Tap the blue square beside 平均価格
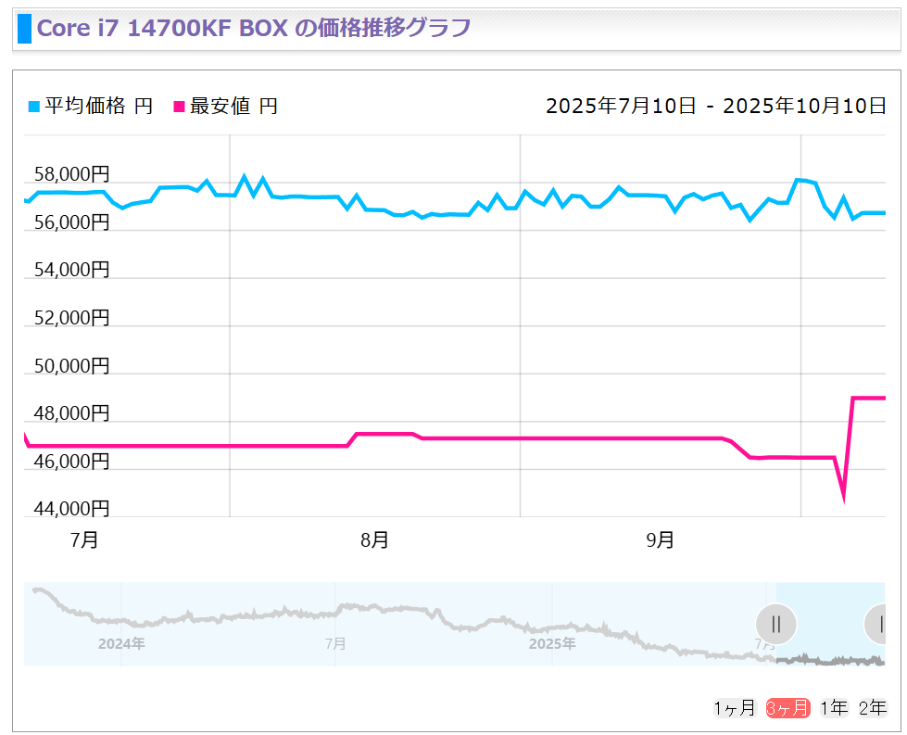(x=34, y=107)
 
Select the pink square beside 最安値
(x=180, y=107)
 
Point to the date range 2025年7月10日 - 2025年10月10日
(x=716, y=106)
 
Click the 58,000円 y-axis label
(x=71, y=174)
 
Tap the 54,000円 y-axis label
(x=71, y=270)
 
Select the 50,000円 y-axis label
(x=71, y=365)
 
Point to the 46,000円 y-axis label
(x=71, y=461)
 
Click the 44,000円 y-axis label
(x=71, y=508)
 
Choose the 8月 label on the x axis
(x=374, y=540)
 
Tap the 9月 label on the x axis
(x=660, y=540)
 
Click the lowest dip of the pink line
(x=843, y=499)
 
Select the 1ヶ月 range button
(x=734, y=708)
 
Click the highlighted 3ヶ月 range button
(x=787, y=708)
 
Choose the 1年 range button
(x=834, y=708)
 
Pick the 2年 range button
(x=873, y=708)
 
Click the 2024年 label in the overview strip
(x=121, y=643)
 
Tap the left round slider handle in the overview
(x=776, y=624)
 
